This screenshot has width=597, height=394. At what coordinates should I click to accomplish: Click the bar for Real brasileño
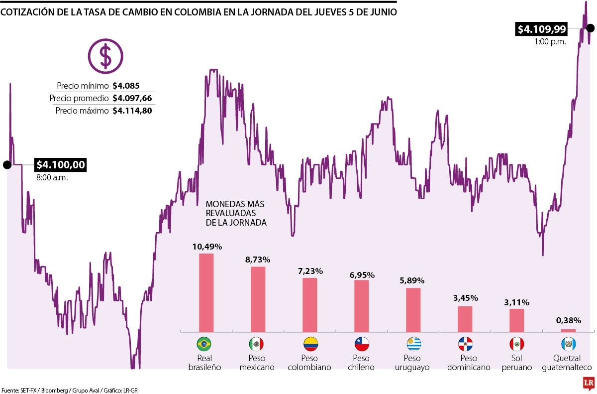(x=206, y=292)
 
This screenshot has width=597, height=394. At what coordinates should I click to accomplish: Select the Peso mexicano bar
(x=258, y=299)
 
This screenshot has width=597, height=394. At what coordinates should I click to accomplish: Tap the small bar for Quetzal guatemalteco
(x=568, y=330)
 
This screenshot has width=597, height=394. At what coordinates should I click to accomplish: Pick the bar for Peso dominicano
(x=465, y=319)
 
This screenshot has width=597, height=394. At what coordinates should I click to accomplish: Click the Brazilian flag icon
(x=204, y=344)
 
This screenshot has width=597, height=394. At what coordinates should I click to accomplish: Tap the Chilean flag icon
(x=362, y=344)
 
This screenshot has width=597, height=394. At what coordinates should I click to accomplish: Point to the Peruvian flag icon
(x=516, y=344)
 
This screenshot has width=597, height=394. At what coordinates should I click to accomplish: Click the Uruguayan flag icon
(x=413, y=344)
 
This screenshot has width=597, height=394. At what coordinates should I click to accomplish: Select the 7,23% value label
(x=310, y=271)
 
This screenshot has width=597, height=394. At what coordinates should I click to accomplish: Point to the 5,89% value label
(x=413, y=281)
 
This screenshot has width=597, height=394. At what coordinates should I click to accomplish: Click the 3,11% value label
(x=516, y=302)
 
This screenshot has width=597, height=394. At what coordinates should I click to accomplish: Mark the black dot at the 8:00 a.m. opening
(x=7, y=165)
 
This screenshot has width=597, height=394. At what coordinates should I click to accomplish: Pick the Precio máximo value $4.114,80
(x=132, y=111)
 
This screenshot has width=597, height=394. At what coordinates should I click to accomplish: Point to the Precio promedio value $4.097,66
(x=132, y=98)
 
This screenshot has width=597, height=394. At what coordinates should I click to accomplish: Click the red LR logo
(x=589, y=383)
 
